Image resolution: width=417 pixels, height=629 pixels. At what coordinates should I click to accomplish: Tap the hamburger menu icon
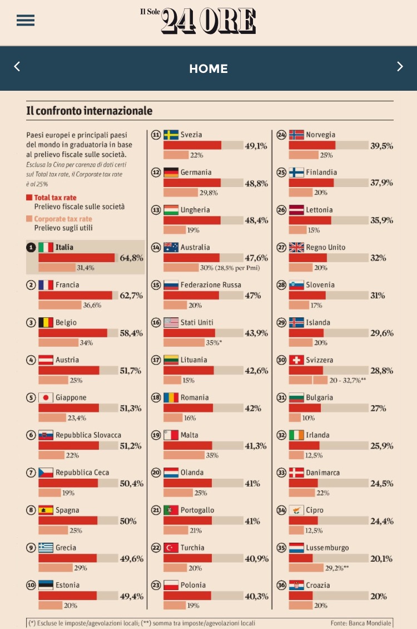point(26,21)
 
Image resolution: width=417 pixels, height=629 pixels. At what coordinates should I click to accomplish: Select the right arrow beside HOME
point(400,67)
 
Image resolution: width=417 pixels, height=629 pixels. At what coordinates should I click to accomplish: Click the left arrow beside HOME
point(17,67)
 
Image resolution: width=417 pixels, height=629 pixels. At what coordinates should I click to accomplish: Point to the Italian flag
point(46,247)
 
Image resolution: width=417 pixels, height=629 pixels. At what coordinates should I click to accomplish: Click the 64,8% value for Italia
point(131,258)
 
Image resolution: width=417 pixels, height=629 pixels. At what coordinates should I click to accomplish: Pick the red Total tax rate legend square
point(29,198)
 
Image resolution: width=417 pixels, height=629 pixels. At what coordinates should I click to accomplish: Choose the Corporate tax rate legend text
point(63,219)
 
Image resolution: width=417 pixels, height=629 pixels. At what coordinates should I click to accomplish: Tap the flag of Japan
point(46,397)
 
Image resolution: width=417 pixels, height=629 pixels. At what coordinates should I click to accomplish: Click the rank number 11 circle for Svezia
point(156,135)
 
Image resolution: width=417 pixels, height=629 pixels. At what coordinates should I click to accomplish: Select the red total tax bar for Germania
point(192,183)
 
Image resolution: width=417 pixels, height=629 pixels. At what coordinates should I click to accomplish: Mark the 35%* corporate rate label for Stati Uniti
point(214,343)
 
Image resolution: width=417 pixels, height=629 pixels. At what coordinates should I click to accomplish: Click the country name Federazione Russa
point(211,285)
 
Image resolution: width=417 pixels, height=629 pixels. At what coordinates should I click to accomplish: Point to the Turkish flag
point(171,548)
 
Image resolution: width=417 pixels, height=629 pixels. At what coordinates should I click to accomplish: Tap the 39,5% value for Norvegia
point(381,146)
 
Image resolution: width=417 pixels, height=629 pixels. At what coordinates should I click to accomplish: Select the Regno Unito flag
point(296,247)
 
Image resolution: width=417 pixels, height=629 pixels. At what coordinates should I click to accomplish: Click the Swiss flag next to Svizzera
point(296,360)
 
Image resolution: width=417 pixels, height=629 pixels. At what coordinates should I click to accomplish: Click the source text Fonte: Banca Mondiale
point(361,623)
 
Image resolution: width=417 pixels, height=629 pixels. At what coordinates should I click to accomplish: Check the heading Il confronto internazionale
point(90,111)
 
